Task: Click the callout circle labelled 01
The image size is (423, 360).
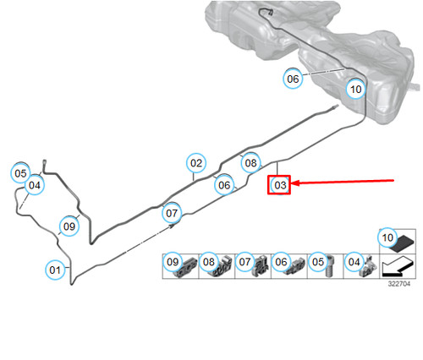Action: coord(55,270)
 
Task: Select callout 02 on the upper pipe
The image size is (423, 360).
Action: coord(196,163)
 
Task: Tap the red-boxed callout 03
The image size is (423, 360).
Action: coord(279,185)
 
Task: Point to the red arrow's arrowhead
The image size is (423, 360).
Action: coord(295,183)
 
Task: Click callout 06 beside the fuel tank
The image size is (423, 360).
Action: coord(293,79)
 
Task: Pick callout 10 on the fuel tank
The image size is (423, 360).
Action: coord(356,89)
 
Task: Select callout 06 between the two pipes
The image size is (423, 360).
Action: coord(224,185)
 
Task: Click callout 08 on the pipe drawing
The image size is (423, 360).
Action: coord(250,163)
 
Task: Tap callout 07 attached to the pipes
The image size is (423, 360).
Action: coord(172,213)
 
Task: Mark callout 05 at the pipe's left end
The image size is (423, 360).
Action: coord(20,173)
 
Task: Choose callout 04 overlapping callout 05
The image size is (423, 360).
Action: coord(35,185)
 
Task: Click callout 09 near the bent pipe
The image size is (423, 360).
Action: coord(69,226)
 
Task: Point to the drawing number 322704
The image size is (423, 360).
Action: coord(399,284)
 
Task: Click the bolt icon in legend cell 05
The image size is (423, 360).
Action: coord(330,265)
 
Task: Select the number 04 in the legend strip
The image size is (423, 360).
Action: coord(354,262)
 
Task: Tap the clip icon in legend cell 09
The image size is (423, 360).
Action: coord(188,267)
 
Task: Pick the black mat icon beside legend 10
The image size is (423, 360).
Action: coord(404,243)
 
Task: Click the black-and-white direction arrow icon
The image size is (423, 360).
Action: coord(398,266)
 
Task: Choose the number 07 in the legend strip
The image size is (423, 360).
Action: coord(244,262)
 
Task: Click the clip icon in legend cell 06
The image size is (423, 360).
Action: coord(295,267)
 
